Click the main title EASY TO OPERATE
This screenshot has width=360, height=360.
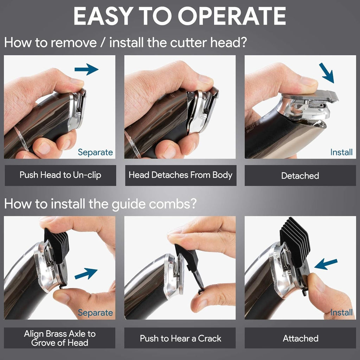[x=180, y=16]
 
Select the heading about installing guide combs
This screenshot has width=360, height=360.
[x=100, y=204]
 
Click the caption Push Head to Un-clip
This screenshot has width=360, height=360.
[x=60, y=175]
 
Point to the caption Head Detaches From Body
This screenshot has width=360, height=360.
[x=180, y=175]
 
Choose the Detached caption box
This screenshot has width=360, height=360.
[x=300, y=175]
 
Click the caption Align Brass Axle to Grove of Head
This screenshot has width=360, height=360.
[x=60, y=338]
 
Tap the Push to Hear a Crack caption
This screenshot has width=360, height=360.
[x=180, y=338]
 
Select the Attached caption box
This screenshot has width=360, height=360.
[x=300, y=338]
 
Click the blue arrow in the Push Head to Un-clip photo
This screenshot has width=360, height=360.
[x=86, y=69]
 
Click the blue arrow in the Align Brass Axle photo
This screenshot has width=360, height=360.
[x=86, y=273]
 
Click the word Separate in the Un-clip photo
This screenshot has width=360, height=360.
[x=95, y=152]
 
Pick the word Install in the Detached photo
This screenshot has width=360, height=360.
[x=341, y=152]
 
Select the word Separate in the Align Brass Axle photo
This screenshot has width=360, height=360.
[x=95, y=313]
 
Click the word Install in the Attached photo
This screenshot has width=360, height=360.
[x=341, y=312]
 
